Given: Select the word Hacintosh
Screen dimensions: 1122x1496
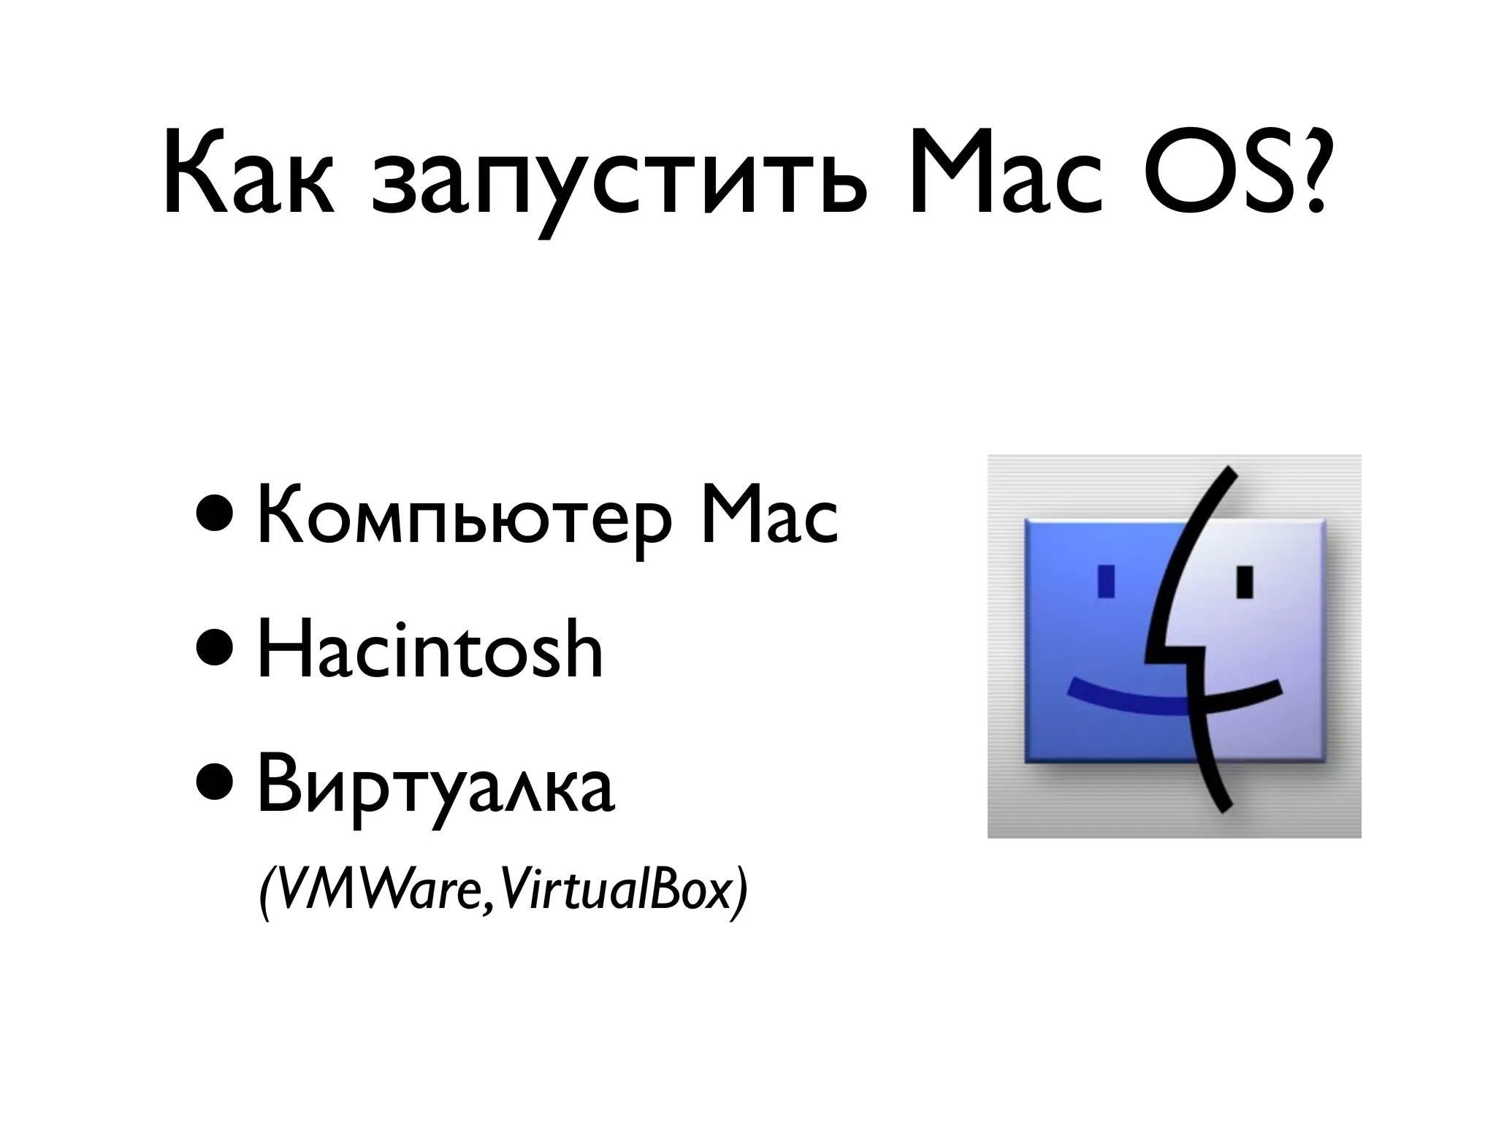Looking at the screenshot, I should coord(430,649).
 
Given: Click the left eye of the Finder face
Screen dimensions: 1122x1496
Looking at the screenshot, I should coord(1107,580).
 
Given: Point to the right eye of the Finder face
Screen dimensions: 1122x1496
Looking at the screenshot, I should coord(1245,581).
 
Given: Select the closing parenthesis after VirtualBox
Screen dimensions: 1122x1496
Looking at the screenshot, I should coord(741,895).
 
